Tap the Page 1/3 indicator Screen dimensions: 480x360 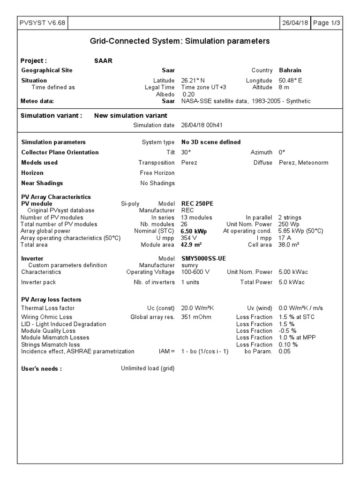pos(327,23)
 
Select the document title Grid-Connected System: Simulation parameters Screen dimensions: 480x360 pos(180,41)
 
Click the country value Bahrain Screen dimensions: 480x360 pos(290,70)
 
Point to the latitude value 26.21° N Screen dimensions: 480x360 pos(193,81)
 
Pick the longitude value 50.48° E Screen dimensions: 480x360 pos(291,81)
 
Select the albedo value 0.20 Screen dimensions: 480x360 pos(189,94)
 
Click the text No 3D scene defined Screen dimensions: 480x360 pos(211,142)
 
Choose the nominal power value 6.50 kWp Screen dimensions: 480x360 pos(194,231)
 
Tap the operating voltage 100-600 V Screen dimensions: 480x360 pos(195,272)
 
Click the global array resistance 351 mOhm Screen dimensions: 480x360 pos(196,317)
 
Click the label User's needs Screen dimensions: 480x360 pos(42,368)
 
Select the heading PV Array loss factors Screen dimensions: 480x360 pos(51,300)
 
